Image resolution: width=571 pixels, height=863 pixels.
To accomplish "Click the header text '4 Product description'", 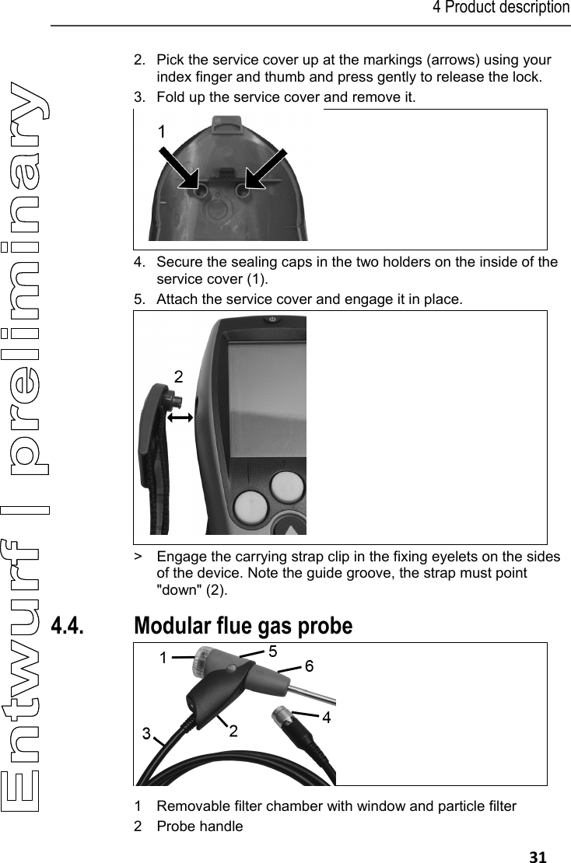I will (x=501, y=9).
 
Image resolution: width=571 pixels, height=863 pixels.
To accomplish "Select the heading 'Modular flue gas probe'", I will (x=243, y=625).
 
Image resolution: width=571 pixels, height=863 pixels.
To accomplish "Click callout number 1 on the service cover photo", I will (x=161, y=133).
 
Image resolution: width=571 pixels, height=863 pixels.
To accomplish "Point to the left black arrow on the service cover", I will (x=177, y=166).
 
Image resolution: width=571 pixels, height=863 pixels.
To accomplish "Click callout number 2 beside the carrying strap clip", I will (x=179, y=377).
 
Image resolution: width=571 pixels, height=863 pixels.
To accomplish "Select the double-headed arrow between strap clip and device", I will (x=180, y=418).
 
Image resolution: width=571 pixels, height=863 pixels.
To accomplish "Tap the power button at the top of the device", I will (x=271, y=320).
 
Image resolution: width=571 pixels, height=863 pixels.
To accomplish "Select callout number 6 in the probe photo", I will (x=309, y=667).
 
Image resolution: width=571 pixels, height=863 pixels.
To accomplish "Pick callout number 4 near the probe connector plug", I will (x=326, y=718).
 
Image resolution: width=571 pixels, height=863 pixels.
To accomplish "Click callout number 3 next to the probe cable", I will (x=145, y=733).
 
